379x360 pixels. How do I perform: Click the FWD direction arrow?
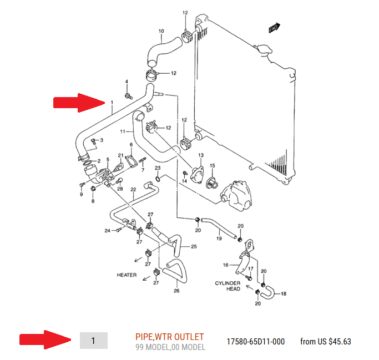(x=274, y=28)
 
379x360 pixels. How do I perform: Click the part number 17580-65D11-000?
(x=255, y=341)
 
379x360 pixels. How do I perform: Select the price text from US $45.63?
(x=325, y=341)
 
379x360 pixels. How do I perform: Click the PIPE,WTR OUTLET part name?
(x=169, y=337)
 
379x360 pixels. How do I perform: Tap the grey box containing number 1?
(x=94, y=341)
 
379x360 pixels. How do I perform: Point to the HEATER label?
(x=127, y=275)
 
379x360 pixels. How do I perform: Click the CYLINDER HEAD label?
(x=228, y=286)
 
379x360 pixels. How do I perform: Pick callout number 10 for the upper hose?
(x=161, y=31)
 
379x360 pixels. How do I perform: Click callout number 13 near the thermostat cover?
(x=201, y=155)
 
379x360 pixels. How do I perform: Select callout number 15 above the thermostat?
(x=212, y=165)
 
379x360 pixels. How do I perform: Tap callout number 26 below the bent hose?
(x=176, y=291)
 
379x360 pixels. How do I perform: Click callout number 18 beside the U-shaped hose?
(x=284, y=293)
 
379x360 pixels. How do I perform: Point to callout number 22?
(x=133, y=189)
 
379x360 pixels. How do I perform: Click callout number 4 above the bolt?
(x=127, y=82)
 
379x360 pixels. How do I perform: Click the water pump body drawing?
(x=236, y=196)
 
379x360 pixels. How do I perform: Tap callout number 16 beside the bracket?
(x=225, y=265)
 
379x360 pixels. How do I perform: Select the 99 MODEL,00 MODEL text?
(x=170, y=347)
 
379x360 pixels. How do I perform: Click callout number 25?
(x=194, y=246)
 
